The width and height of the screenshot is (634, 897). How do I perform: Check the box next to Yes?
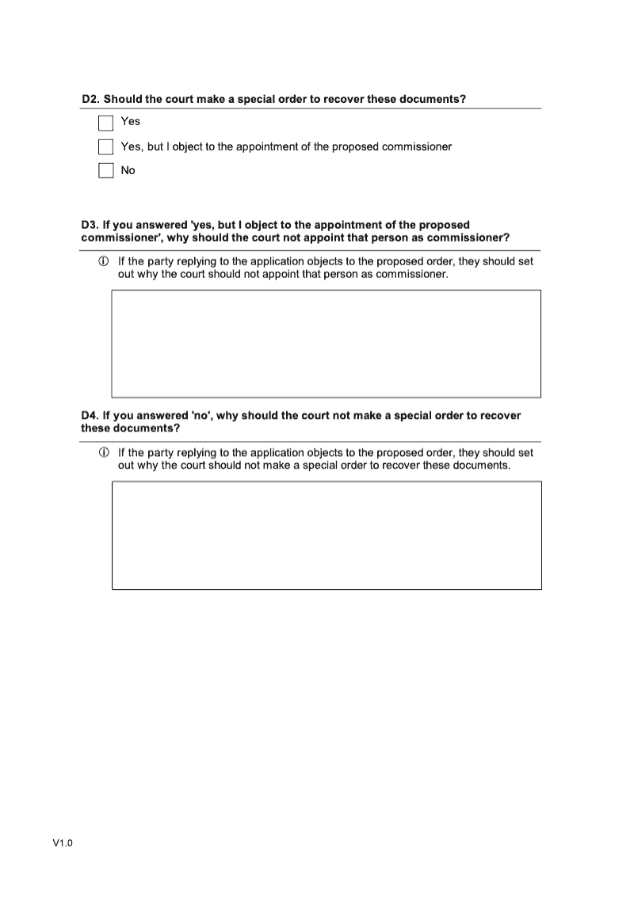106,123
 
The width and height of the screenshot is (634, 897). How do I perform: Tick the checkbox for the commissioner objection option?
106,147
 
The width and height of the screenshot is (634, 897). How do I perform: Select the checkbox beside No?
106,171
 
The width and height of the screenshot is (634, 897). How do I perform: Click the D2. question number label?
91,99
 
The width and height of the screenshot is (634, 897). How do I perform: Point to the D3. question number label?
90,225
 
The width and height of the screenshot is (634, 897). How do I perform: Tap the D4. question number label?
90,416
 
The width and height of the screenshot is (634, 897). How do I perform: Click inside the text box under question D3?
326,344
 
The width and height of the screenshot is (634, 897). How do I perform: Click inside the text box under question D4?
326,535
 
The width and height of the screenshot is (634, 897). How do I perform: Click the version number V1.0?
63,844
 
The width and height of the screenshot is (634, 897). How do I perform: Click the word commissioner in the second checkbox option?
411,146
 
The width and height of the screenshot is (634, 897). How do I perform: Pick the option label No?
128,170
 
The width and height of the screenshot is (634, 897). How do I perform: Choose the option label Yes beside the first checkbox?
130,121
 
